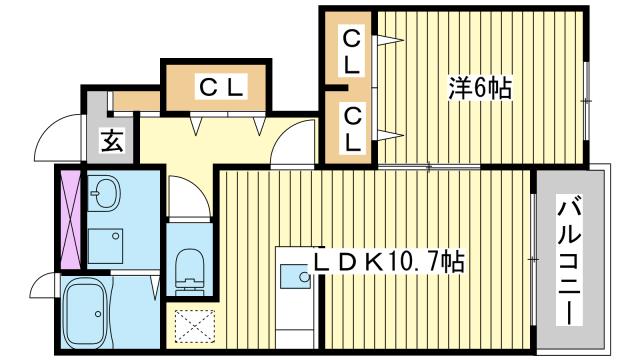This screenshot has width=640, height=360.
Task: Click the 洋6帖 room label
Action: click(479, 89)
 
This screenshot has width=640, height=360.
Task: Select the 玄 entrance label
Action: click(111, 142)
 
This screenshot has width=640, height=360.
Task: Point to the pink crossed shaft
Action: click(70, 221)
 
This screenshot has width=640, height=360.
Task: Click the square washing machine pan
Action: click(105, 244)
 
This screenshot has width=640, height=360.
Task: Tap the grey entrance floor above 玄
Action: click(95, 105)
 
